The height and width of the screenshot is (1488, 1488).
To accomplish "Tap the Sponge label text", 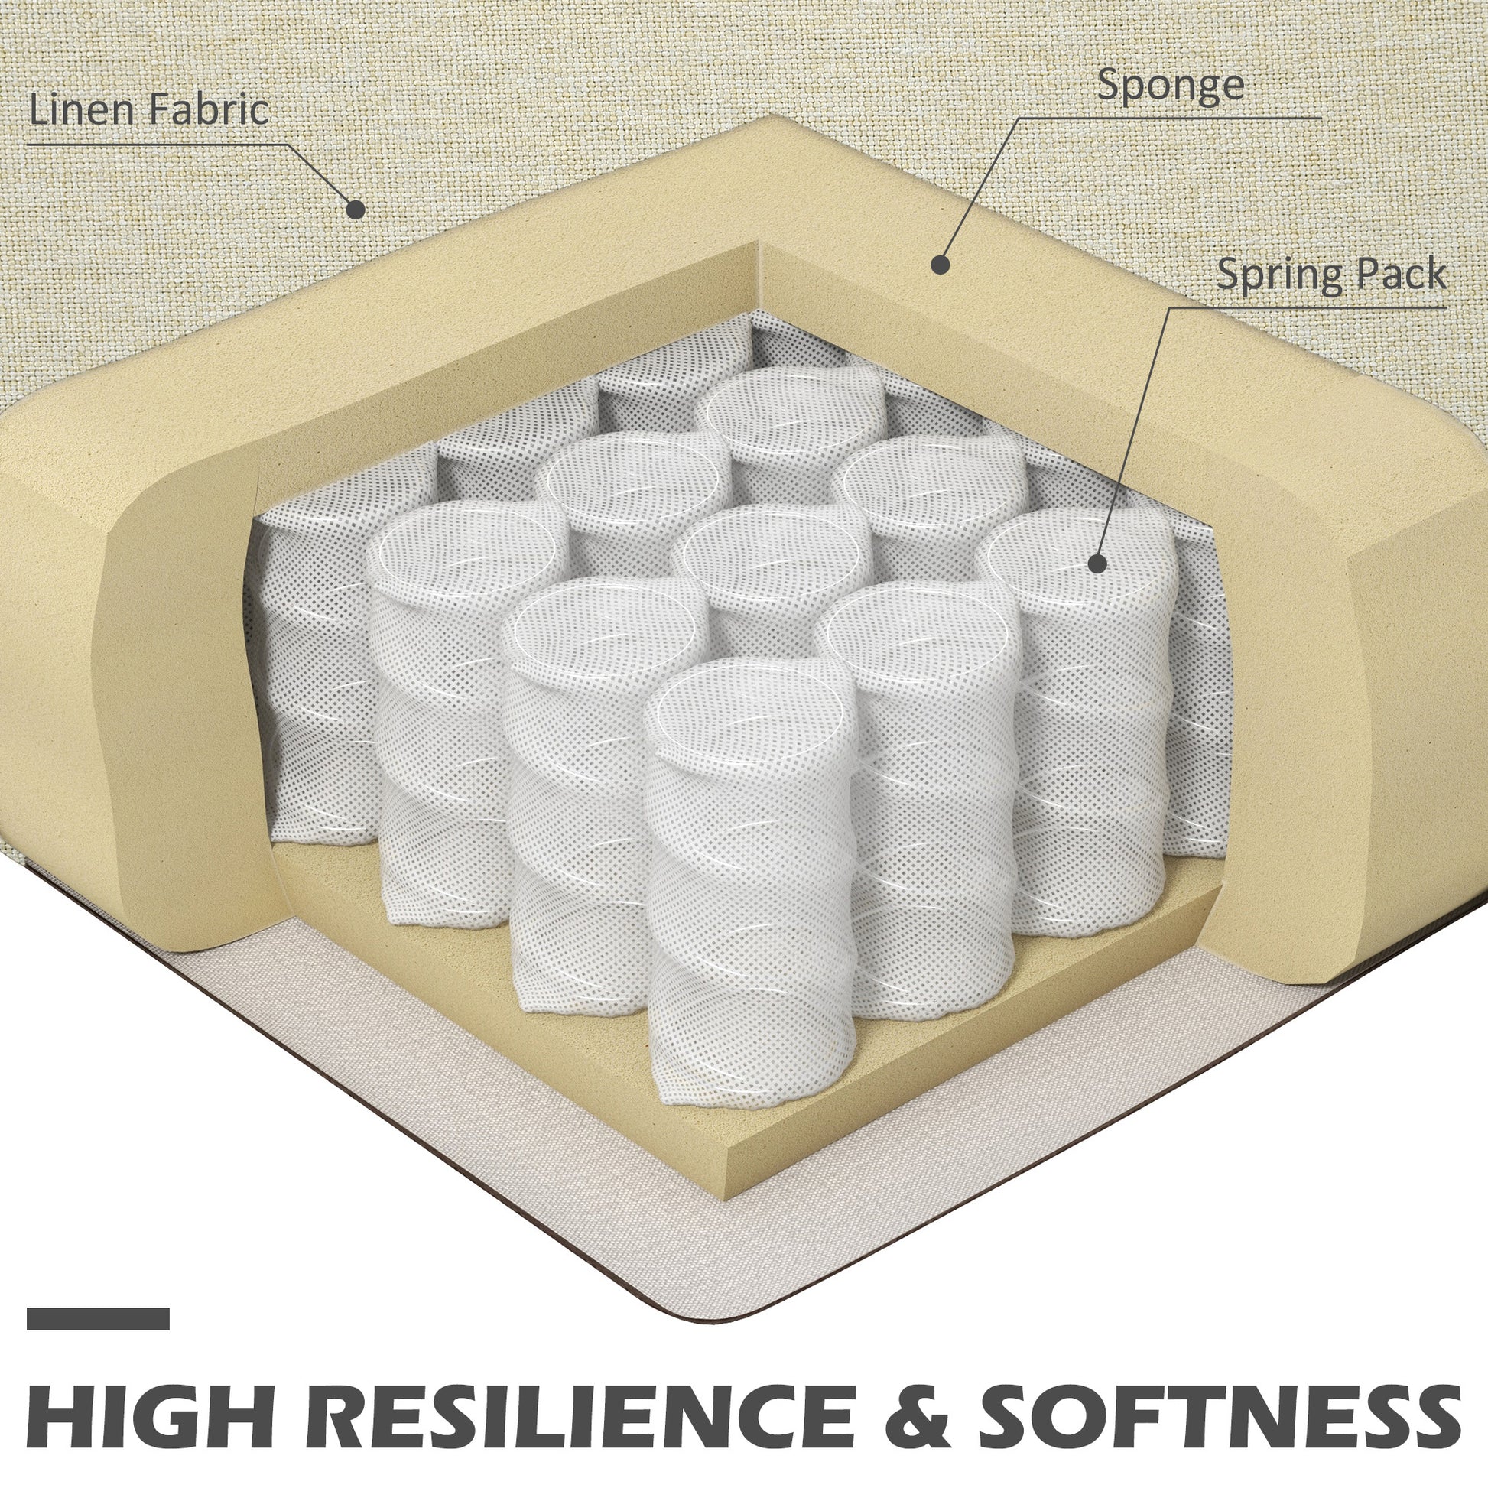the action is click(x=1170, y=86).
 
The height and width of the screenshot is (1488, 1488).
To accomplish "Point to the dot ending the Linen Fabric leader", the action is click(x=355, y=208).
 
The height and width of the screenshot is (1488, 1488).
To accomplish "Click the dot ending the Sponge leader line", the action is click(x=940, y=264).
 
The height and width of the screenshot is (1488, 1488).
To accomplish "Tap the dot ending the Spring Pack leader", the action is click(x=1097, y=563).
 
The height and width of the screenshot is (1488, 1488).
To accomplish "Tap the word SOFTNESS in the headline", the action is click(x=1220, y=1397).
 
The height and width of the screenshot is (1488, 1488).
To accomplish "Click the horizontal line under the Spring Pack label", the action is click(x=1308, y=307).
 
